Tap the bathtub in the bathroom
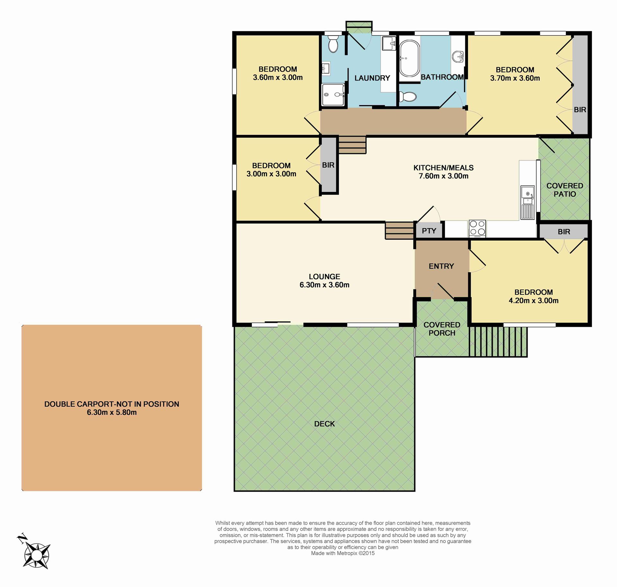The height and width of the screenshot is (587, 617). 409,58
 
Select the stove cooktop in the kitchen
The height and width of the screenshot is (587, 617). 477,229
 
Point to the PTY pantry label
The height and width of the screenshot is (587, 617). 429,231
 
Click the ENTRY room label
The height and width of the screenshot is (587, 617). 441,266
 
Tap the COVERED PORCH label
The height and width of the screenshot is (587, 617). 442,329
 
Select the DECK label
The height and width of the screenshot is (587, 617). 325,424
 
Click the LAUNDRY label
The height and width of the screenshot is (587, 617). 372,78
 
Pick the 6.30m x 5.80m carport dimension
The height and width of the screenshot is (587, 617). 112,412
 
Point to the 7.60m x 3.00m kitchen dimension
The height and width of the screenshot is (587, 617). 443,176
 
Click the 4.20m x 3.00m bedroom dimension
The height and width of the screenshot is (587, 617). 533,300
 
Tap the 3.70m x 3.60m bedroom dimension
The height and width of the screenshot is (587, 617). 515,78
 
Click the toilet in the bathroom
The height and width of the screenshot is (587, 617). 407,96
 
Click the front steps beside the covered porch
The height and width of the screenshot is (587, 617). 498,341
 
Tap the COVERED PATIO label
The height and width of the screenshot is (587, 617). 565,190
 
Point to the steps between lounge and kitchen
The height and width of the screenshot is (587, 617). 399,230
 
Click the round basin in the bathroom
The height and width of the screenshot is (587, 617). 458,57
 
